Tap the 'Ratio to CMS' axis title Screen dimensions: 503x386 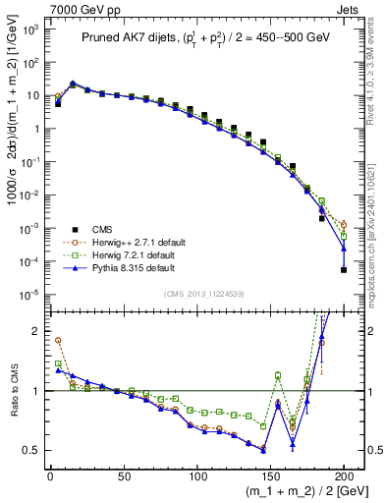pos(13,391)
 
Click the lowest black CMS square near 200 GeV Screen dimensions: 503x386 pos(344,270)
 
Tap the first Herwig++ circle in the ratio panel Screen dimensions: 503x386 pos(58,341)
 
